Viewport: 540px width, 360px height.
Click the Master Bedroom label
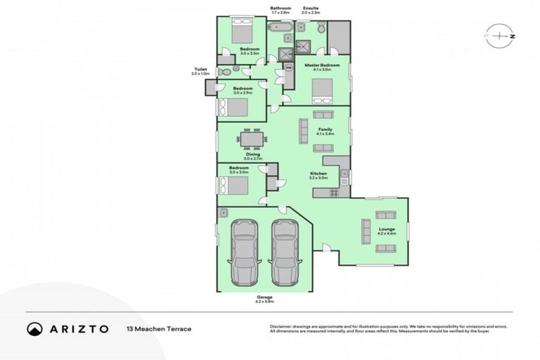point(322,65)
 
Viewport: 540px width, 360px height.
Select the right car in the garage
point(285,252)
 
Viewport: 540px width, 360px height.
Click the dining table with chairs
point(252,139)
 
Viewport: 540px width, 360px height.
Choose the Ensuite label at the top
point(311,8)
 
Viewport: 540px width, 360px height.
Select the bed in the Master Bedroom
point(322,91)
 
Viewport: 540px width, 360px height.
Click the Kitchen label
point(319,174)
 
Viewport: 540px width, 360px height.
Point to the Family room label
point(325,130)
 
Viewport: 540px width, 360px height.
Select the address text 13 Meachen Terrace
point(158,328)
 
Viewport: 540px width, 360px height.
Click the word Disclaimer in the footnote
point(281,326)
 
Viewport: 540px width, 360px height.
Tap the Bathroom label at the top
point(281,8)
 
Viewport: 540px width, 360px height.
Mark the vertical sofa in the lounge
point(366,231)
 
